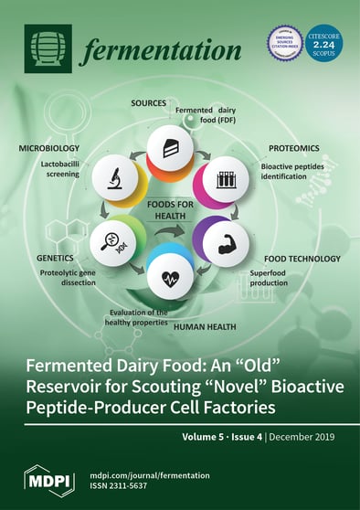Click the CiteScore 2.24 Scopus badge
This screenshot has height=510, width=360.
pyautogui.click(x=323, y=43)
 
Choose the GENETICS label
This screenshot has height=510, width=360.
pyautogui.click(x=56, y=259)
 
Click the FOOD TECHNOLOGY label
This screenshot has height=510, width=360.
pyautogui.click(x=291, y=259)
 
